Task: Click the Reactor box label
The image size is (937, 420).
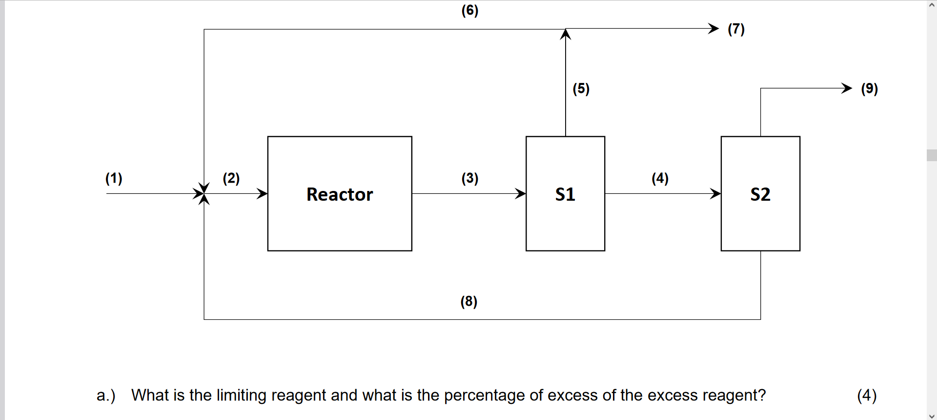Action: pyautogui.click(x=340, y=194)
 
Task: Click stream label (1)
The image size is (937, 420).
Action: pyautogui.click(x=114, y=178)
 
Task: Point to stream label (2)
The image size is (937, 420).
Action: pyautogui.click(x=231, y=178)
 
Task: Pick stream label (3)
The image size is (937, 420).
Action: pyautogui.click(x=470, y=178)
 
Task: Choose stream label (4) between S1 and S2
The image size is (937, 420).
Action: pyautogui.click(x=660, y=178)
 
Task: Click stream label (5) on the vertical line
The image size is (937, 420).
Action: pyautogui.click(x=581, y=89)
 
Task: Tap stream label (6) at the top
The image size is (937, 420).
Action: pyautogui.click(x=470, y=10)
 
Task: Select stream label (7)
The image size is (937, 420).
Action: pyautogui.click(x=736, y=29)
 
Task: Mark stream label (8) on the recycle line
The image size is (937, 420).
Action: pyautogui.click(x=468, y=301)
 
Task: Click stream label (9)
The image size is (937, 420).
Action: pyautogui.click(x=869, y=89)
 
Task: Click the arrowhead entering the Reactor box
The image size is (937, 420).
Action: pyautogui.click(x=263, y=193)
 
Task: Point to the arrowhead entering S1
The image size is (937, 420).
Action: pyautogui.click(x=521, y=193)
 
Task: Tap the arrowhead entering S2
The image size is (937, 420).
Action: pyautogui.click(x=716, y=193)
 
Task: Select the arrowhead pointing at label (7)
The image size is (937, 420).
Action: pyautogui.click(x=714, y=28)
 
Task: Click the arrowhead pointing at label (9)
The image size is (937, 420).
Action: pyautogui.click(x=847, y=88)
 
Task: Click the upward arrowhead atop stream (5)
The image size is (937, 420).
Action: pyautogui.click(x=566, y=34)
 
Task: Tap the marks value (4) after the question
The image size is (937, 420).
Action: pyautogui.click(x=867, y=395)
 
